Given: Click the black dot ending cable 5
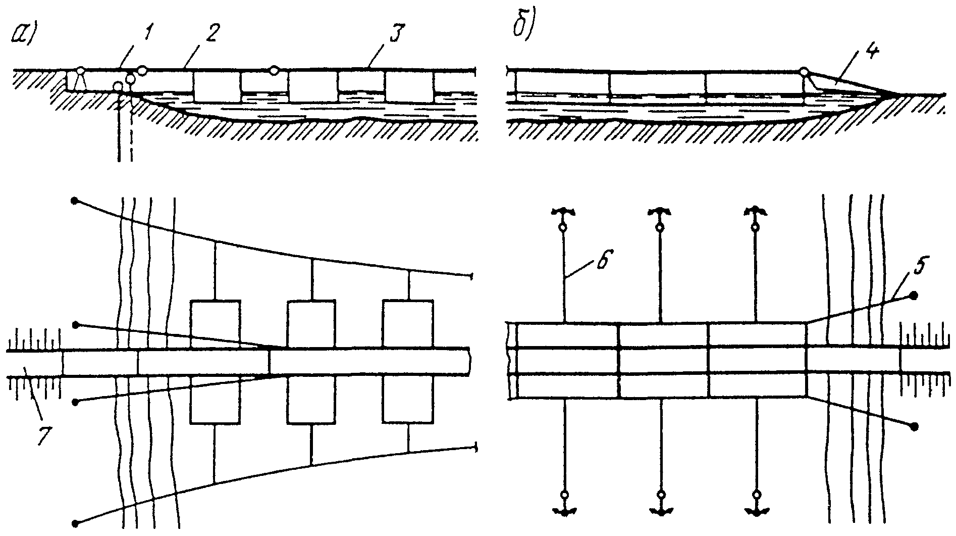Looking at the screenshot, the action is tap(914, 295).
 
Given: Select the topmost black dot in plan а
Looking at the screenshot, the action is tap(75, 201).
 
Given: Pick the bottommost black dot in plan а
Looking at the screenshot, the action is tap(76, 523).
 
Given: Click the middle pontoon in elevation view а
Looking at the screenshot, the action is tap(312, 86).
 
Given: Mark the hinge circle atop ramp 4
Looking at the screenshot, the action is tap(805, 72).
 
